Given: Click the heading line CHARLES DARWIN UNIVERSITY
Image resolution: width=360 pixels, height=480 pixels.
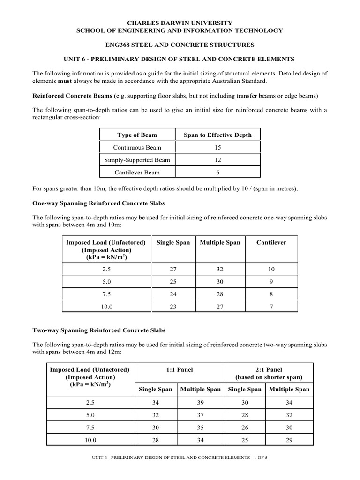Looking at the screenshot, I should click(x=180, y=22).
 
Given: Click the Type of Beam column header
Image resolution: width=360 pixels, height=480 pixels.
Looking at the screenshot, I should click(x=137, y=135).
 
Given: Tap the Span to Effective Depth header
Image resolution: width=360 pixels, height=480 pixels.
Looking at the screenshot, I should click(x=217, y=135).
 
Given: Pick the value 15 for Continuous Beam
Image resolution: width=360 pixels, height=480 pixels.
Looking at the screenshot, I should click(x=217, y=148).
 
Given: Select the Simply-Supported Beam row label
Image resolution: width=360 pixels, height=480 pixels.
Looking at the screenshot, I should click(x=137, y=160).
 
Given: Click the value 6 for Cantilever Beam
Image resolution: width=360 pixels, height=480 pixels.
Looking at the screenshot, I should click(x=217, y=172).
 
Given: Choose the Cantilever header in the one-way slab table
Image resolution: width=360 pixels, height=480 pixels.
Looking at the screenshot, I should click(x=271, y=242).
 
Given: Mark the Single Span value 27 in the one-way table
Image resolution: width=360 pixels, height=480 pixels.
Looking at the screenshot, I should click(x=173, y=270).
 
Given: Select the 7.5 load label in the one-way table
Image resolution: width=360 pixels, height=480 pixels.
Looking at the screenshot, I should click(x=107, y=294).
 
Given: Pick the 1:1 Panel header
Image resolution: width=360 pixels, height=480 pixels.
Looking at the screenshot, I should click(x=180, y=369).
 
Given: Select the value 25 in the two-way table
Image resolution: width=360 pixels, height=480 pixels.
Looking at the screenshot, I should click(x=244, y=441).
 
